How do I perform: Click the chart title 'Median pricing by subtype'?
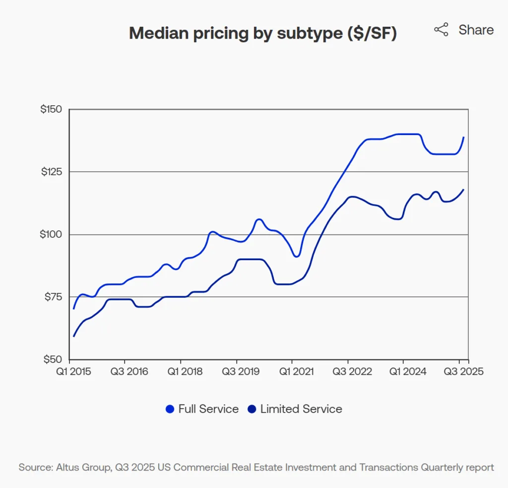262,33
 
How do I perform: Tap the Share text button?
476,30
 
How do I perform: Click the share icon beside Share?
441,30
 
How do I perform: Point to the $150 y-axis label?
51,109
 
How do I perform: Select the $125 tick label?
51,171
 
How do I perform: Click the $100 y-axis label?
51,234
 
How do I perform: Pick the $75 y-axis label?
54,296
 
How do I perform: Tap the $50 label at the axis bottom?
53,359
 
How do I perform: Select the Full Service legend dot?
170,409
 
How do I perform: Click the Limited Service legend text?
301,409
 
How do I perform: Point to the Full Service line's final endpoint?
463,138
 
